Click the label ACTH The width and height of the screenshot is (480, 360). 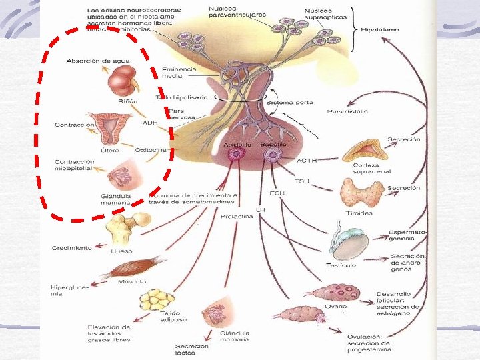coord(307,161)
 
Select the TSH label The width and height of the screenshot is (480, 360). coord(301,181)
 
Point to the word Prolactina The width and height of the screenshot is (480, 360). coord(237,216)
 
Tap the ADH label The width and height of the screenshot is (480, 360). coord(150,123)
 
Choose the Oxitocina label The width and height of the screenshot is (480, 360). coord(151,150)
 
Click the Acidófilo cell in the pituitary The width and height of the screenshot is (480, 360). coord(235,155)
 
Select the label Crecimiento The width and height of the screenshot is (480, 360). coord(72,248)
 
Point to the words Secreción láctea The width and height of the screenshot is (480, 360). coord(192,349)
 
